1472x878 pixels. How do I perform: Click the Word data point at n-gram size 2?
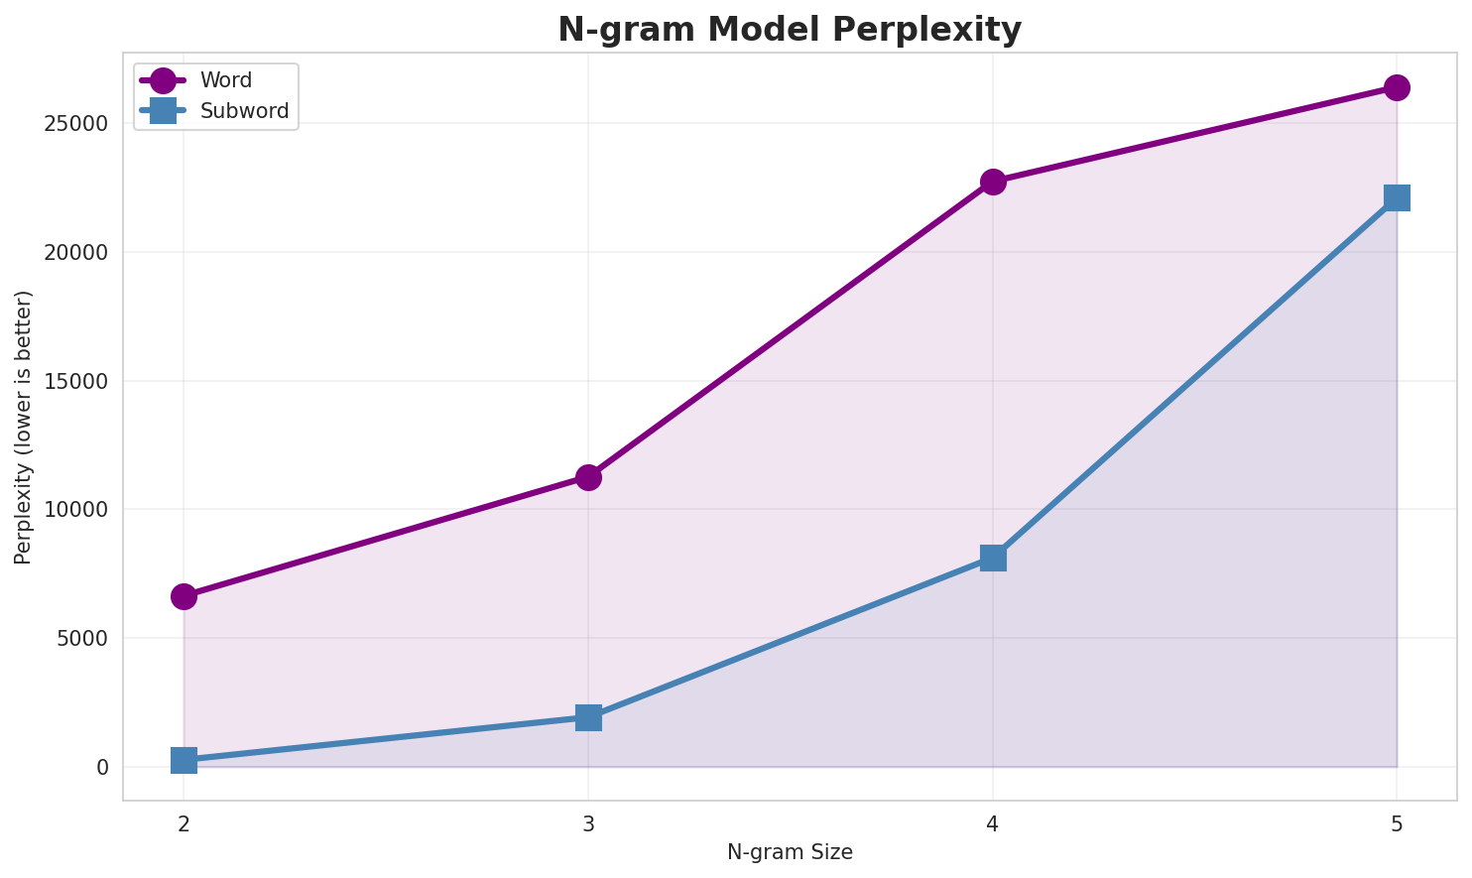click(x=184, y=596)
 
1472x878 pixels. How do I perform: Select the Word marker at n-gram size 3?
click(x=588, y=477)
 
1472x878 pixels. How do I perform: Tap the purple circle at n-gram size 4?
click(x=993, y=182)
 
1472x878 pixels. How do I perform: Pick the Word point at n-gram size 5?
click(x=1397, y=87)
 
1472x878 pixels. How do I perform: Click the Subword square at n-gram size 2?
click(x=184, y=760)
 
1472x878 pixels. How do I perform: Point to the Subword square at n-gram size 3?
click(x=588, y=717)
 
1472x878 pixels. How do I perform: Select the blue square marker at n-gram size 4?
click(x=993, y=558)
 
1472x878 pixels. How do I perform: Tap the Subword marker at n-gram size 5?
click(x=1397, y=197)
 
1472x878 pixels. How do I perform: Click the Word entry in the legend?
click(x=226, y=80)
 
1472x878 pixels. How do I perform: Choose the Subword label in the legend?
click(x=244, y=111)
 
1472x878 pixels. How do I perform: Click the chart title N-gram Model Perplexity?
click(x=790, y=30)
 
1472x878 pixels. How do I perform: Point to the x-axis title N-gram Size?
click(x=790, y=852)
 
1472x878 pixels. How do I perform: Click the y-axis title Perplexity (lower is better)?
click(x=24, y=427)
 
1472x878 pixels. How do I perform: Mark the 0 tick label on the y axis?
click(x=102, y=767)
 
